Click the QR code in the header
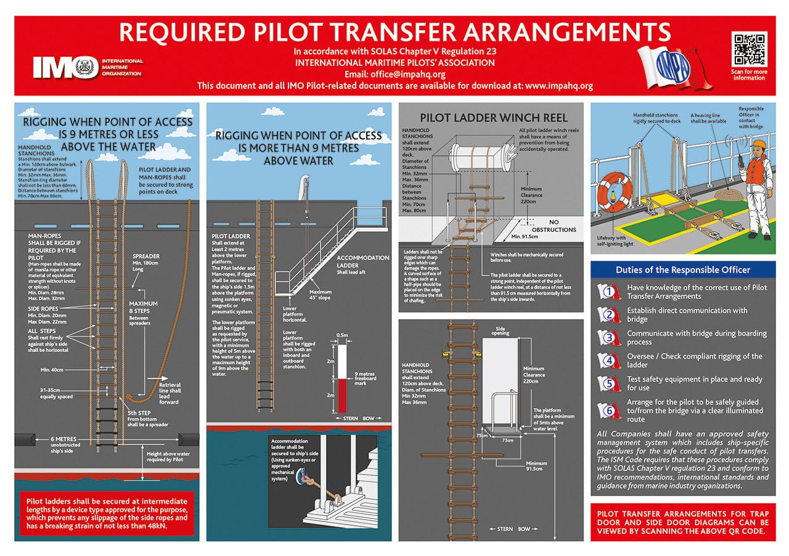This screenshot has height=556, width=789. pyautogui.click(x=749, y=50)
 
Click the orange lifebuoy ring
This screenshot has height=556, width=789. pyautogui.click(x=616, y=189)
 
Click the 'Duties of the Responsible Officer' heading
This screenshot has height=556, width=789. pyautogui.click(x=683, y=270)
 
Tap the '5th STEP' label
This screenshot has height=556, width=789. pyautogui.click(x=140, y=413)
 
